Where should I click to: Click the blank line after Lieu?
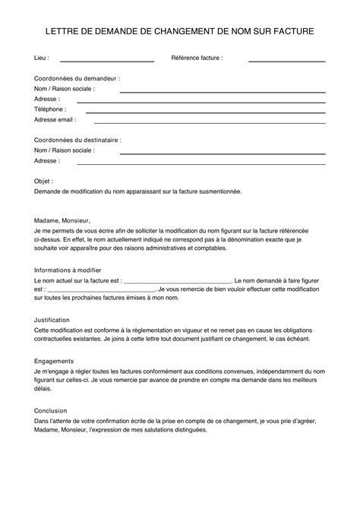tap(106, 60)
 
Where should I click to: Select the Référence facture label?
tap(197, 58)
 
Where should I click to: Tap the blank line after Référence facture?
tap(287, 60)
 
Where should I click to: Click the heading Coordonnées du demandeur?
tap(77, 78)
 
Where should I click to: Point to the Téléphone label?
tap(50, 109)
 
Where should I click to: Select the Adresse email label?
tap(55, 119)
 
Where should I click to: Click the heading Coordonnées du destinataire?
tap(78, 141)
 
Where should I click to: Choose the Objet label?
tap(44, 182)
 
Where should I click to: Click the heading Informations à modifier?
tap(74, 270)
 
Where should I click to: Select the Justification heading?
tap(52, 320)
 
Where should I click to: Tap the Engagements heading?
tap(54, 361)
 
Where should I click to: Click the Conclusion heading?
tap(51, 410)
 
